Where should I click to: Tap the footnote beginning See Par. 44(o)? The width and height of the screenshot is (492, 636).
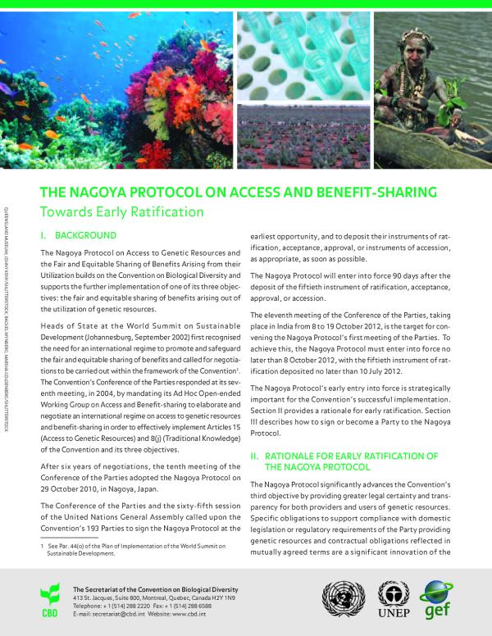tap(131, 548)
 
